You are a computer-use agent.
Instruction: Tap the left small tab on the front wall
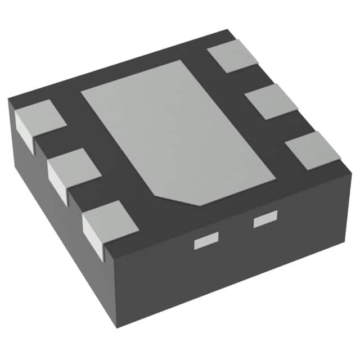pyautogui.click(x=205, y=242)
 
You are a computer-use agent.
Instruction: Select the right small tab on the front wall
pyautogui.click(x=265, y=219)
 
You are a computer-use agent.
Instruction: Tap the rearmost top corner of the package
pyautogui.click(x=227, y=29)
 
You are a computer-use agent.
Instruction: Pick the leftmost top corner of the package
pyautogui.click(x=8, y=100)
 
